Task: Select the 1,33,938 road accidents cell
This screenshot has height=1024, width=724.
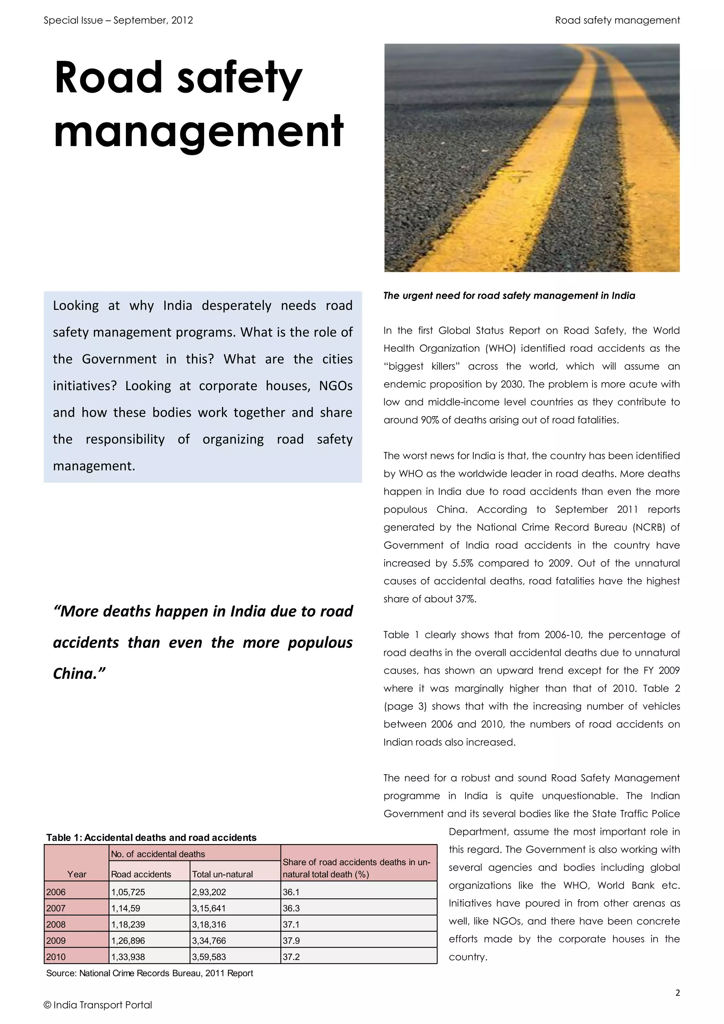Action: pyautogui.click(x=128, y=957)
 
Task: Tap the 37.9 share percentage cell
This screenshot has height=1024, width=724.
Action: pyautogui.click(x=291, y=941)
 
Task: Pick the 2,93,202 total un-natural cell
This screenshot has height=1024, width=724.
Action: pyautogui.click(x=209, y=892)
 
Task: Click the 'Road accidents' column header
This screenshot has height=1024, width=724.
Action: pyautogui.click(x=141, y=874)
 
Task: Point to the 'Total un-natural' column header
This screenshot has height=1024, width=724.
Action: pyautogui.click(x=222, y=874)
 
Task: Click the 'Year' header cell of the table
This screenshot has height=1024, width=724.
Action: pyautogui.click(x=77, y=874)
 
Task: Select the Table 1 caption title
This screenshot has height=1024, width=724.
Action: pyautogui.click(x=151, y=838)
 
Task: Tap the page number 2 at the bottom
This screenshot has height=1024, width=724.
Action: pyautogui.click(x=678, y=993)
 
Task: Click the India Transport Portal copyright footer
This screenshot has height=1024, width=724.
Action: pyautogui.click(x=98, y=1005)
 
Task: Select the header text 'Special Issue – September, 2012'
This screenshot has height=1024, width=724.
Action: pyautogui.click(x=118, y=21)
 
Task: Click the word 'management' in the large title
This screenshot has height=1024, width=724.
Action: pyautogui.click(x=198, y=132)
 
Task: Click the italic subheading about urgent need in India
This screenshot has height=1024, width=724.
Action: pyautogui.click(x=509, y=296)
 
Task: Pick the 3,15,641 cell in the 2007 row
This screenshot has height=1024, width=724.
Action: pyautogui.click(x=209, y=908)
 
